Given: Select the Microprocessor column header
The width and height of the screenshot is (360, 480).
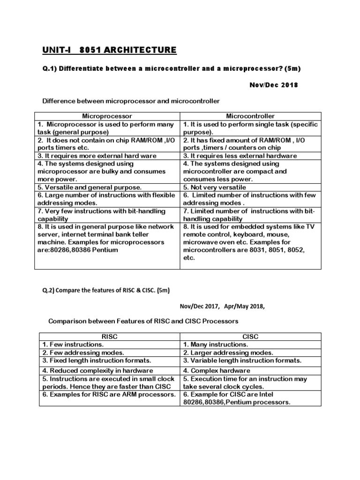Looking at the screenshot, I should [x=107, y=116].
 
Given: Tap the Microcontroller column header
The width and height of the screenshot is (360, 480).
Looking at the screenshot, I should [x=251, y=116].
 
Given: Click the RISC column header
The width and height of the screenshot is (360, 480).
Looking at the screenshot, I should [x=107, y=337].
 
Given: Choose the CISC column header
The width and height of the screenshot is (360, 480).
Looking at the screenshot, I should [x=251, y=337].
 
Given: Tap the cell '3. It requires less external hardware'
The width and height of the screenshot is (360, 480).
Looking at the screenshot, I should [x=240, y=156].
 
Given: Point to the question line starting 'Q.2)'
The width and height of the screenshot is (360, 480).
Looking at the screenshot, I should [x=106, y=290].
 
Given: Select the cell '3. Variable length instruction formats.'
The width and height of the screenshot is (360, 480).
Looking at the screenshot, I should [x=242, y=360].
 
